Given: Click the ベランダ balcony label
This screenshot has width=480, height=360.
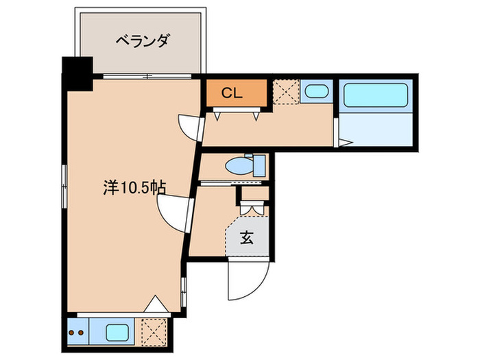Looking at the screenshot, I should coord(142,42).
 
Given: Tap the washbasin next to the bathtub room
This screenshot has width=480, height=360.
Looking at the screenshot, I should coord(316,92).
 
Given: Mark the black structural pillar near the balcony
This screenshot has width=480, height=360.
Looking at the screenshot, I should coord(77,75).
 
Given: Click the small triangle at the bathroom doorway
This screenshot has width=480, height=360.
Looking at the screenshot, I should coord(344,143).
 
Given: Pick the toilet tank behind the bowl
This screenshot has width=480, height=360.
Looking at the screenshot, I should coord(260,166).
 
